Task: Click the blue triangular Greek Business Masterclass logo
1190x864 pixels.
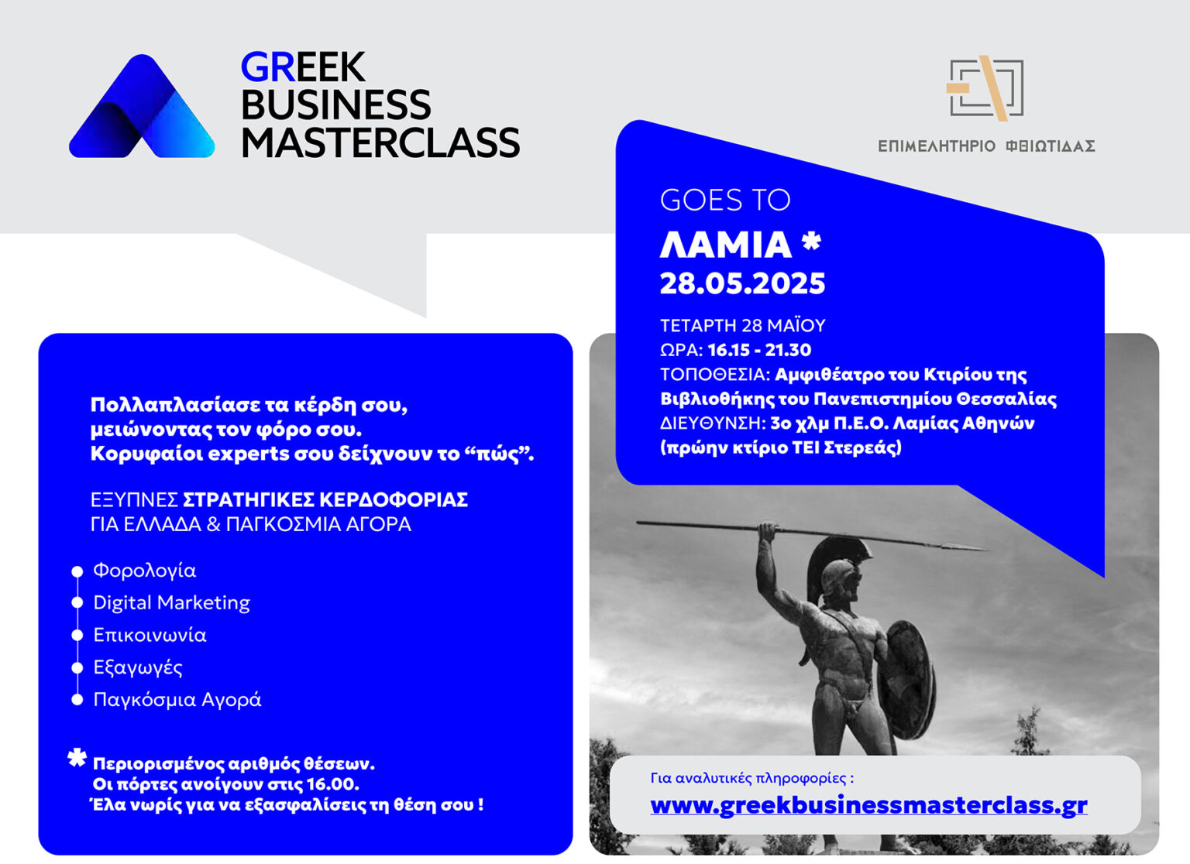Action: (142, 106)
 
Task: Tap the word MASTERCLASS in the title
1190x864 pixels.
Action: (380, 142)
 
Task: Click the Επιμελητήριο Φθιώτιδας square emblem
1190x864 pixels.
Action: (985, 88)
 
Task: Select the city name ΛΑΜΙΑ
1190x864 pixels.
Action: (726, 245)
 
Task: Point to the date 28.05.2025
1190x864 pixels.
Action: (743, 283)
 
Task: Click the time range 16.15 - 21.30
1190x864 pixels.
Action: (760, 350)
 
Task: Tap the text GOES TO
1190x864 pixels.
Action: (725, 200)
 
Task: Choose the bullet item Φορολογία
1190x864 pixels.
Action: (145, 571)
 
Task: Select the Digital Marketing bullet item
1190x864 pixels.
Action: (171, 603)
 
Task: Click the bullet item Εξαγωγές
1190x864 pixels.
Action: (138, 667)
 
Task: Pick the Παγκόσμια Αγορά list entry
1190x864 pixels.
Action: (177, 699)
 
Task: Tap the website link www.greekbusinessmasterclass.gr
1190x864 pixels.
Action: (868, 805)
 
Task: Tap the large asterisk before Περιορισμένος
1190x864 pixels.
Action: (77, 758)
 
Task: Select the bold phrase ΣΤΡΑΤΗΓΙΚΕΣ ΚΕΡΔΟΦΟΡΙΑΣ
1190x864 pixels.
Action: (325, 500)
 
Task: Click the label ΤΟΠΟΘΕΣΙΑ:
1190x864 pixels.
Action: (715, 375)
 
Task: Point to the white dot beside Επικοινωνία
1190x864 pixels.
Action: (77, 636)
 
